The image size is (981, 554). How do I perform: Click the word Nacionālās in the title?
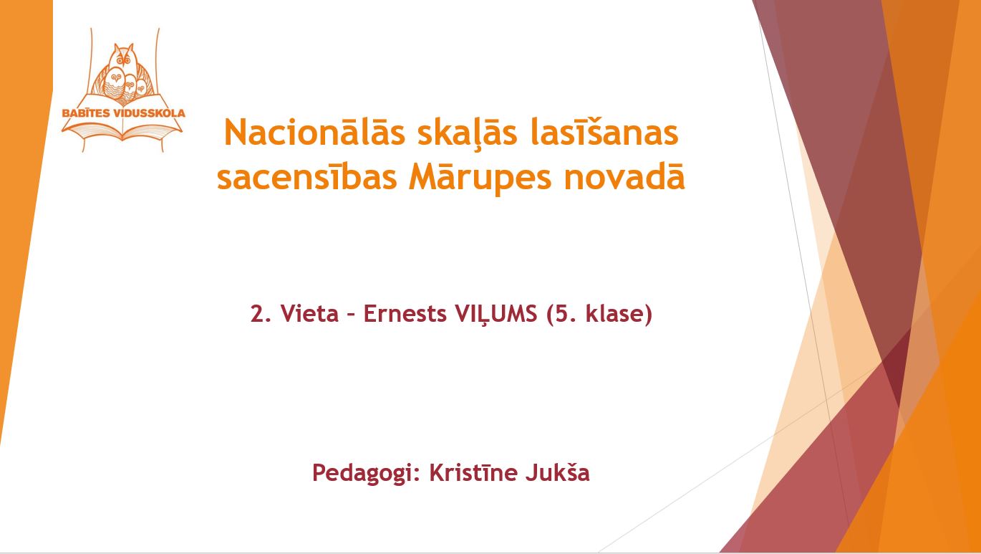(314, 132)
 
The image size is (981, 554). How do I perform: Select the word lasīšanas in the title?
(604, 132)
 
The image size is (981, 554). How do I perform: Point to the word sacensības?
(307, 177)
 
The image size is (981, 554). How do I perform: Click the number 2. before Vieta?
(261, 314)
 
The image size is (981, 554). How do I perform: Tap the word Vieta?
(309, 313)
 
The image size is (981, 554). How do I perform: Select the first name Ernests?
(405, 314)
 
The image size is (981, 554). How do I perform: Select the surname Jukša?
(558, 472)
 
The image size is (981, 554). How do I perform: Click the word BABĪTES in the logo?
(86, 113)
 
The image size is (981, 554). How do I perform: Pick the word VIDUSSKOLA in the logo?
(150, 113)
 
